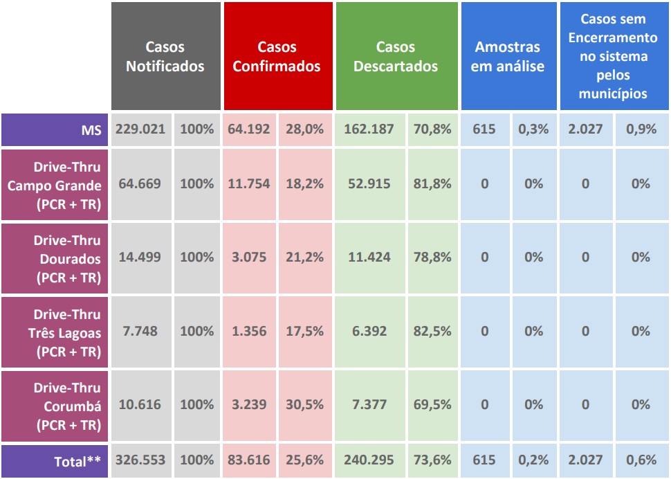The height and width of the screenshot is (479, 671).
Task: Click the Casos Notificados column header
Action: [165, 57]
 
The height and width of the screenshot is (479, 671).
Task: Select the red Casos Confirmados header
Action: [277, 57]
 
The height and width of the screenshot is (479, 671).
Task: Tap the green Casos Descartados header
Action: [396, 57]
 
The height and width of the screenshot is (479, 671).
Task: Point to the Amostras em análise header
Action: [508, 57]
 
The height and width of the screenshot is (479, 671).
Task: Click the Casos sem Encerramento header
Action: [613, 57]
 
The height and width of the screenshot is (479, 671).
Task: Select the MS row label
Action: [55, 129]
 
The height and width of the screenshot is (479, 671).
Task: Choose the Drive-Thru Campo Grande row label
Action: [55, 185]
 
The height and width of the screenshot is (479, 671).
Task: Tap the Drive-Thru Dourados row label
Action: [55, 258]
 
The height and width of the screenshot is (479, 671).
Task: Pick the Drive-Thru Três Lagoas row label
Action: [55, 332]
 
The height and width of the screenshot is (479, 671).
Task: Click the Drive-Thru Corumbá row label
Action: [55, 406]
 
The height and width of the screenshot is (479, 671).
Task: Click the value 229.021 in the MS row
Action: [140, 129]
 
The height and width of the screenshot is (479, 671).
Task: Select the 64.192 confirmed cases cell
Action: [249, 129]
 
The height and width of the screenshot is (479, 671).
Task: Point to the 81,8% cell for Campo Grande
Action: [432, 184]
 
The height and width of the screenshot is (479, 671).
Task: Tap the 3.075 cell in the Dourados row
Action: [249, 257]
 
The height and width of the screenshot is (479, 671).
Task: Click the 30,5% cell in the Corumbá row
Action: [305, 405]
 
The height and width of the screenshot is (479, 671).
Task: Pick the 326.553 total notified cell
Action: [140, 460]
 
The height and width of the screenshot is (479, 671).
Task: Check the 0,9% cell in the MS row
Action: [641, 129]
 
